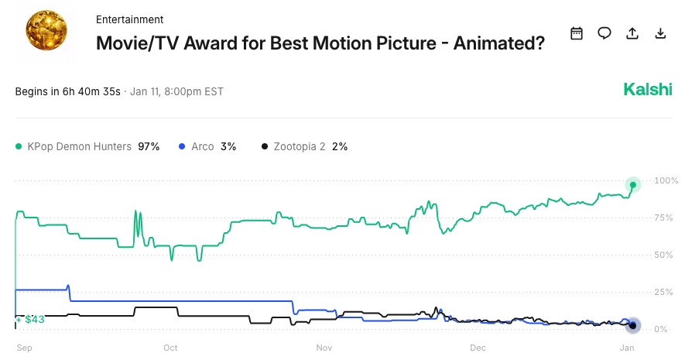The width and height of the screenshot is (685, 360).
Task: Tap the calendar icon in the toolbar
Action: click(576, 33)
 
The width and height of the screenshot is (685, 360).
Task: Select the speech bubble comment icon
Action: click(605, 33)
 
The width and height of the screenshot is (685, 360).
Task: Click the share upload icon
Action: click(632, 33)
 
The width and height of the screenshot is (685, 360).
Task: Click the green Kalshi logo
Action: click(648, 90)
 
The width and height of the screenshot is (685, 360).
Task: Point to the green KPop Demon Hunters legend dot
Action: click(19, 146)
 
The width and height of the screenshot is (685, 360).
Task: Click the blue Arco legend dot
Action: click(181, 146)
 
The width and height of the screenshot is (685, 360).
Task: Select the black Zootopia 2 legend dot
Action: click(265, 146)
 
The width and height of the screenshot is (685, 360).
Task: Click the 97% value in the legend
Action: click(149, 146)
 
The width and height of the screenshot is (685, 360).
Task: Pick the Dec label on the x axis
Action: click(477, 348)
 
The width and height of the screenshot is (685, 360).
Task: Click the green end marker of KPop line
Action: click(633, 185)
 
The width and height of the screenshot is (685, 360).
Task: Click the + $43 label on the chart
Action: click(31, 319)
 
